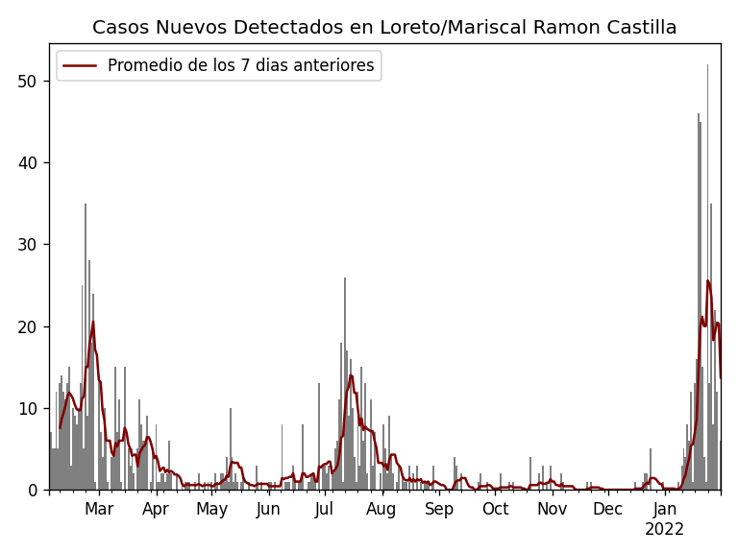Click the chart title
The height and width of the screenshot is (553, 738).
(384, 28)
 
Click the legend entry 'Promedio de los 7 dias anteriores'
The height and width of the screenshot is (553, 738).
(240, 66)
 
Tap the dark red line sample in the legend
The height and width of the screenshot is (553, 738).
(81, 66)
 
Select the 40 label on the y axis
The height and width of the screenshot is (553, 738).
(28, 163)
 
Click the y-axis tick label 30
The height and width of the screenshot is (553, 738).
(28, 245)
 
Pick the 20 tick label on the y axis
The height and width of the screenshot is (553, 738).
(28, 326)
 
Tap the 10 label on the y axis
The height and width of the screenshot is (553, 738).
(28, 408)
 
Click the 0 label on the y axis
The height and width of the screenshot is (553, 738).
(33, 490)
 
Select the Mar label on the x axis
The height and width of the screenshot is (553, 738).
(99, 509)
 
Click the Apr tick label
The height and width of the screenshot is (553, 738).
(156, 509)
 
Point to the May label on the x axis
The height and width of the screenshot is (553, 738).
(211, 509)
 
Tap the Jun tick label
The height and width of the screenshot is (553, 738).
(268, 509)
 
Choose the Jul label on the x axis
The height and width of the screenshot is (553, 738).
(324, 509)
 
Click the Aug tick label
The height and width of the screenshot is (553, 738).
(381, 509)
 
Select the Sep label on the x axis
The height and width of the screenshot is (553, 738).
(439, 509)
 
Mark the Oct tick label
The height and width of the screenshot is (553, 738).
(495, 509)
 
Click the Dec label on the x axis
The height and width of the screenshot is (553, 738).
(607, 509)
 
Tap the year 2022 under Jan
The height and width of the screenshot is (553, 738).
(664, 529)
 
